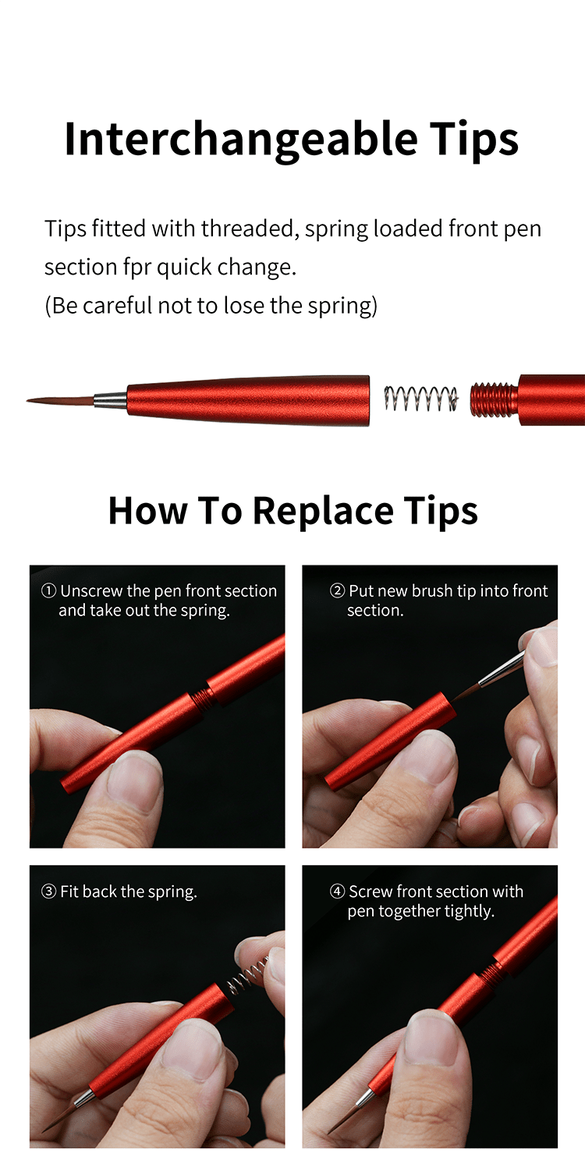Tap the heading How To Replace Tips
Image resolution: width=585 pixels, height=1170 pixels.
(x=292, y=511)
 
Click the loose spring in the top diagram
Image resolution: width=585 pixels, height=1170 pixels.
(x=420, y=399)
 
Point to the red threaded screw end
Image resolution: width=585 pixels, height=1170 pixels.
(x=494, y=399)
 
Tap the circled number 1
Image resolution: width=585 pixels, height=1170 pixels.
(x=48, y=591)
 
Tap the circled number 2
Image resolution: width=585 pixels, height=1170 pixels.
(x=337, y=591)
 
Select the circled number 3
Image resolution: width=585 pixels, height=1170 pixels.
(x=48, y=892)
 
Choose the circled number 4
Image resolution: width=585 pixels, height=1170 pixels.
(x=337, y=892)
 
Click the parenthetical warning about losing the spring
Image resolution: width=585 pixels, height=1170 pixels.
(x=211, y=305)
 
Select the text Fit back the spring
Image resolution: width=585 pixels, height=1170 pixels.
(x=128, y=892)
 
